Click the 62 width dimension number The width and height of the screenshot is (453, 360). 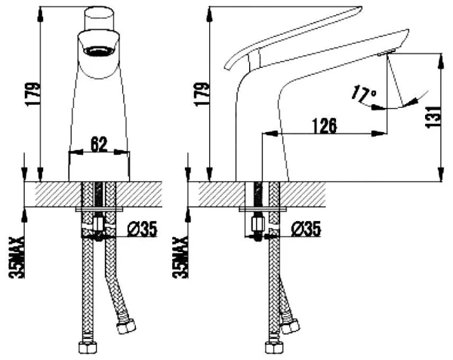(x=99, y=144)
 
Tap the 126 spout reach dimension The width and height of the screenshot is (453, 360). (x=325, y=126)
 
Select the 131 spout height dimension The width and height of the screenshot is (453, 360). (x=433, y=117)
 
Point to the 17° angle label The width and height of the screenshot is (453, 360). (x=364, y=94)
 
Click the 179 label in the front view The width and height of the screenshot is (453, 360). (x=32, y=94)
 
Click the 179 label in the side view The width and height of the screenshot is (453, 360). (x=202, y=94)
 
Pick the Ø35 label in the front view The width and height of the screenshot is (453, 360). (x=142, y=229)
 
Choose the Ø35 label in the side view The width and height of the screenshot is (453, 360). (x=306, y=229)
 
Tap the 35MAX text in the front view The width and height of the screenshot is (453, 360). (x=17, y=257)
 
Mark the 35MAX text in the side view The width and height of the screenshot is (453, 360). (x=180, y=257)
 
